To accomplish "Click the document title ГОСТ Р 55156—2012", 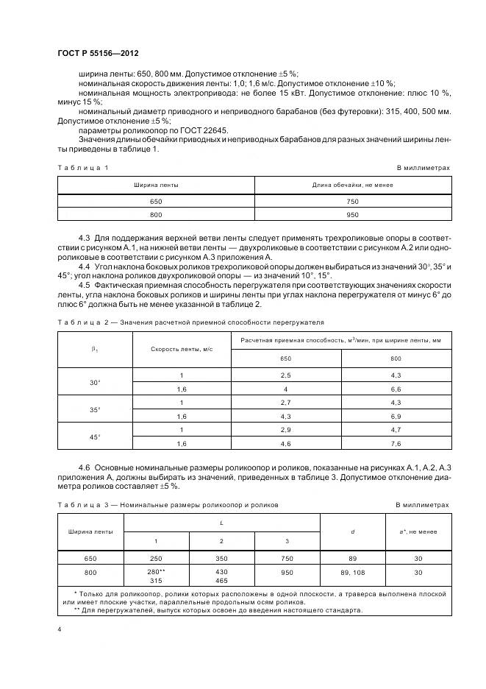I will (97, 54).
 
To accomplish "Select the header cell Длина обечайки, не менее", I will (352, 185).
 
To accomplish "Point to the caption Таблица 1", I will (83, 168).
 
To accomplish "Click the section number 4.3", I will (84, 239).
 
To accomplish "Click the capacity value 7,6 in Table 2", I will (396, 443).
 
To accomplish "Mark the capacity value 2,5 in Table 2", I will (286, 375).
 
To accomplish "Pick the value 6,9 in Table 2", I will (396, 416).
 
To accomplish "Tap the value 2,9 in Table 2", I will (286, 429).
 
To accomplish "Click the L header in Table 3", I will (222, 523).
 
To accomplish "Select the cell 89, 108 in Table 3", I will (353, 572).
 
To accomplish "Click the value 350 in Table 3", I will (221, 558).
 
